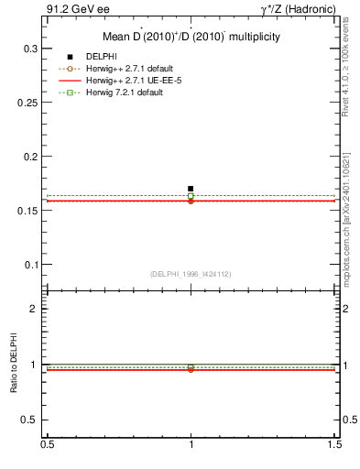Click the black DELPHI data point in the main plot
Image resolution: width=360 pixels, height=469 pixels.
(x=191, y=188)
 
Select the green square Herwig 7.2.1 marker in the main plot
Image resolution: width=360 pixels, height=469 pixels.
(x=191, y=195)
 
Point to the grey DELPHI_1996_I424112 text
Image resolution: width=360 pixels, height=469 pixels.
(x=191, y=274)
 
